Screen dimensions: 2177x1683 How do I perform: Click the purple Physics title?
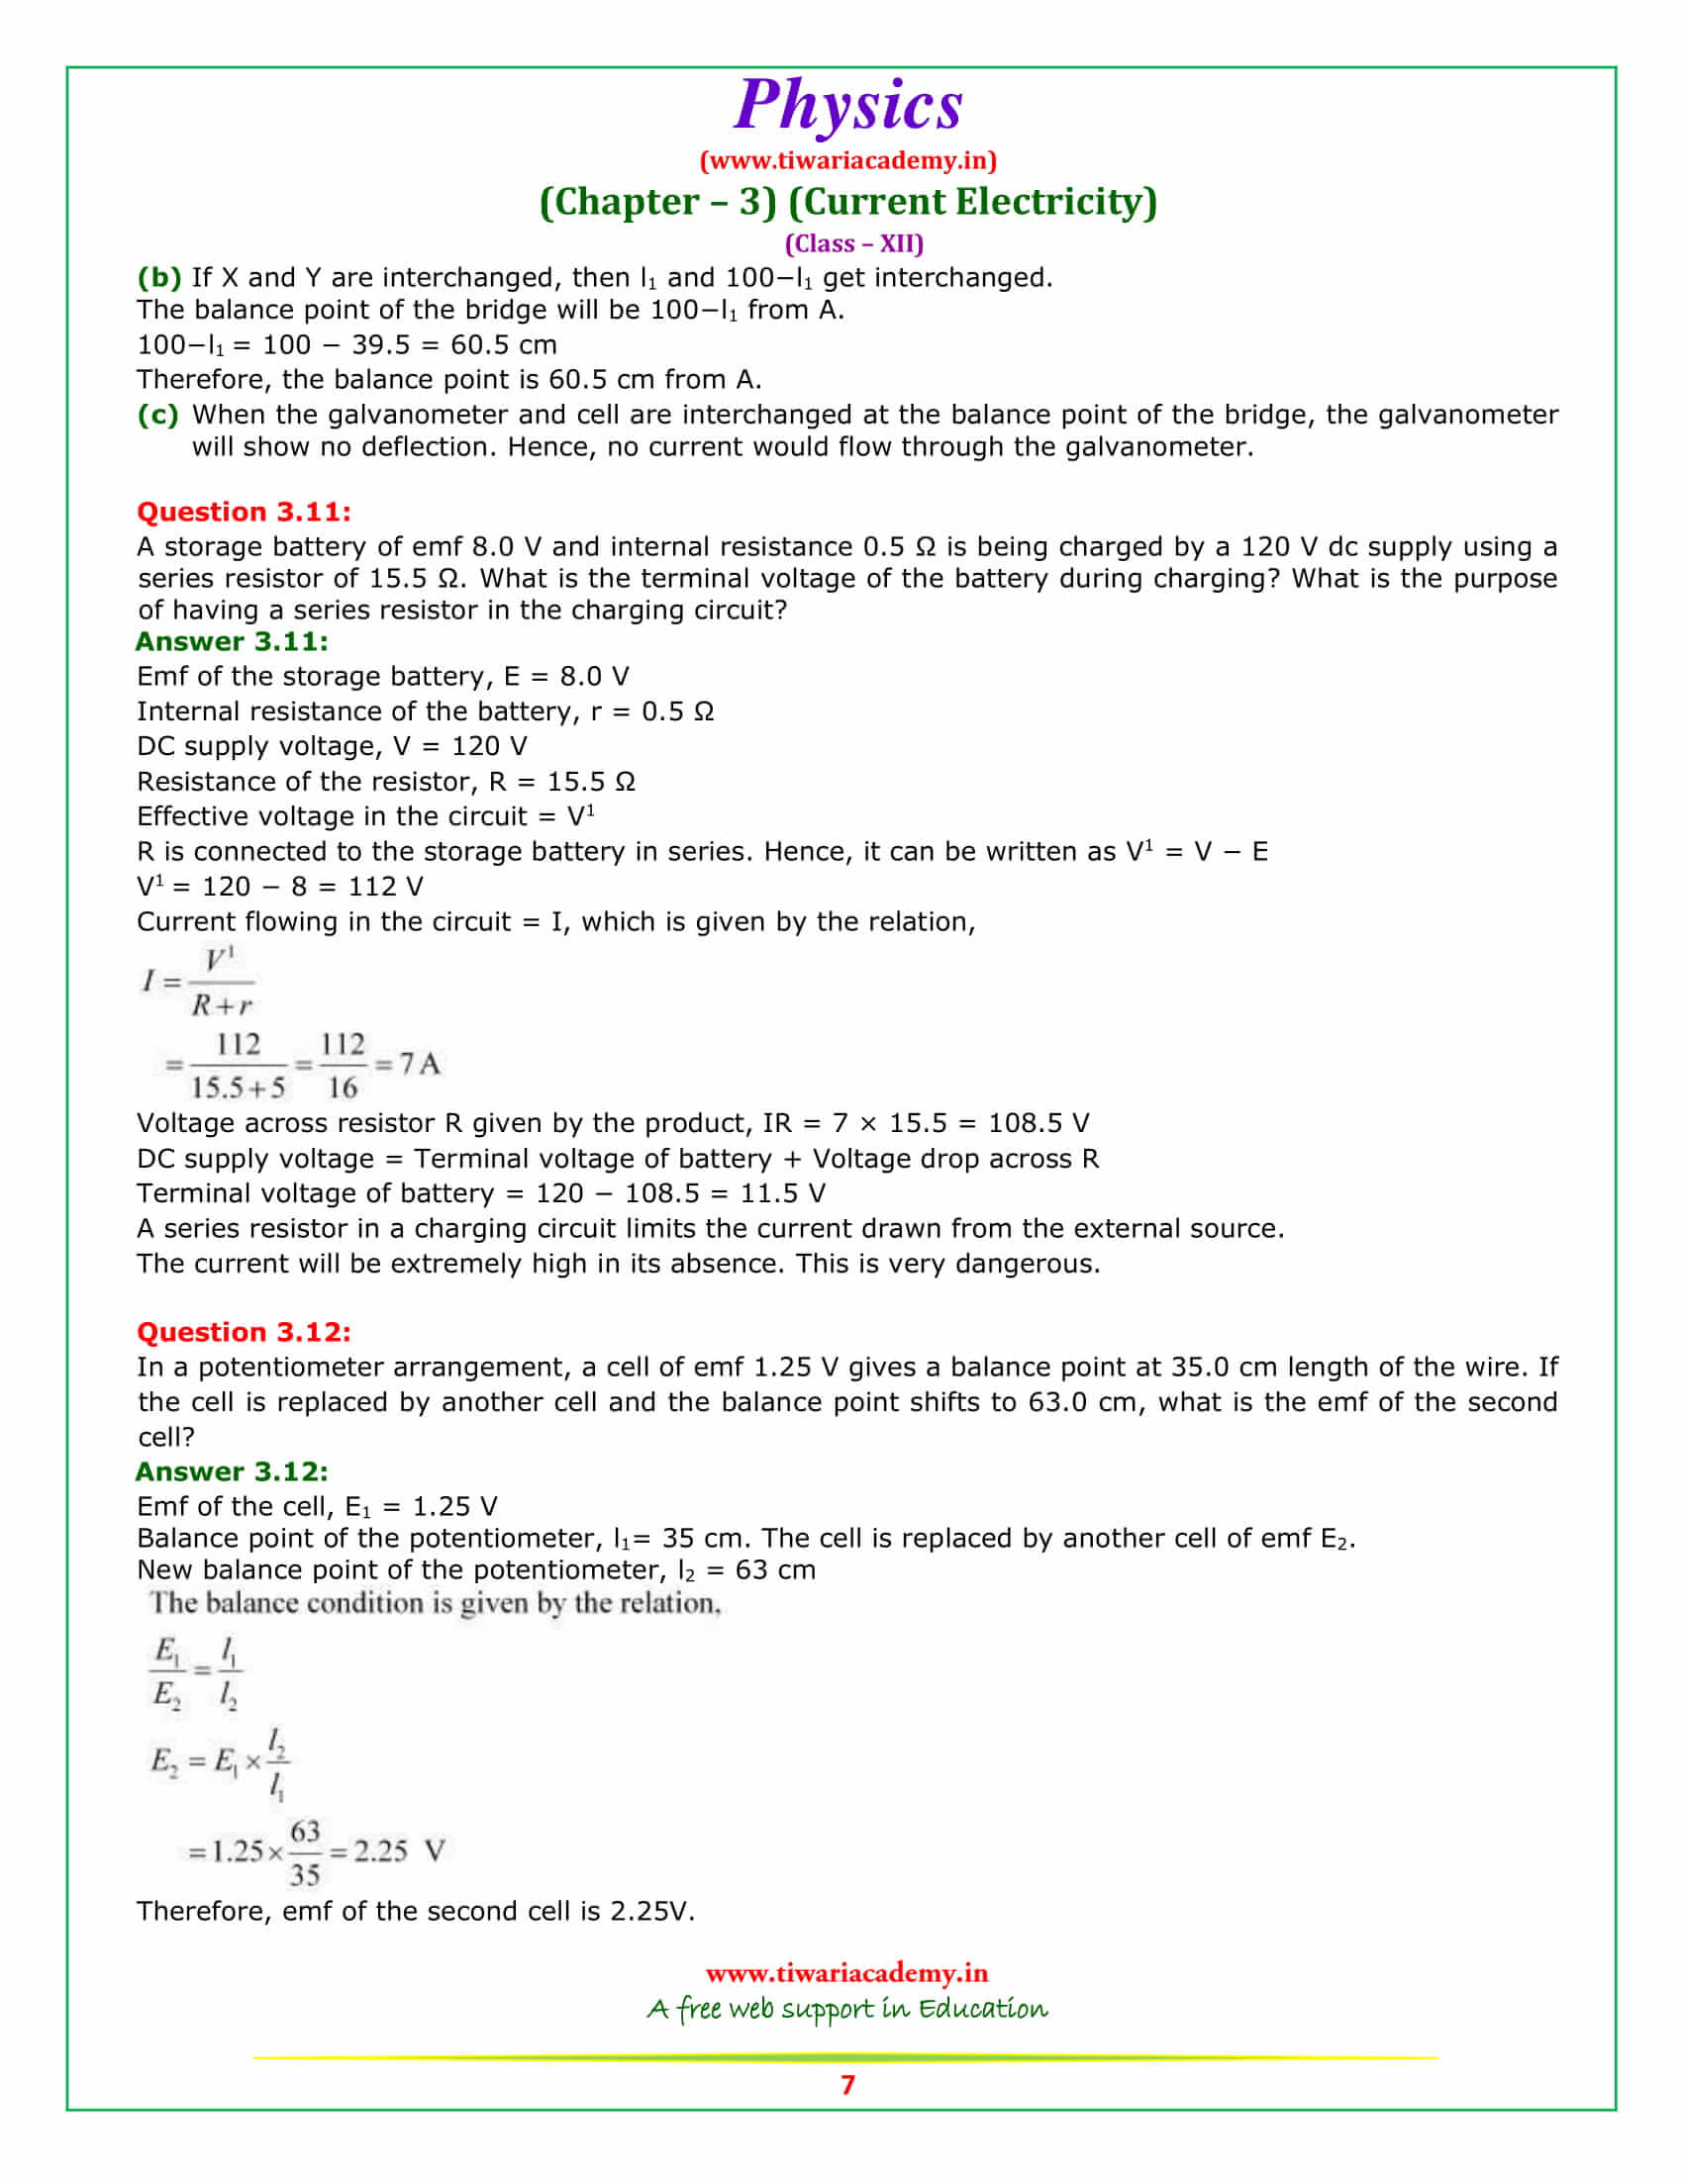(x=847, y=105)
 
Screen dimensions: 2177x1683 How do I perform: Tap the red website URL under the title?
(x=847, y=160)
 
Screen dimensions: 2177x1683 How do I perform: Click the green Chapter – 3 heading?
(x=847, y=201)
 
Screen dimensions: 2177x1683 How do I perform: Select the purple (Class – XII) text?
(x=853, y=243)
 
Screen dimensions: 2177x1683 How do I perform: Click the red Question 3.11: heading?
(x=244, y=512)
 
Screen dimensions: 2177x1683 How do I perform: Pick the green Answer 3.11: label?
(x=232, y=641)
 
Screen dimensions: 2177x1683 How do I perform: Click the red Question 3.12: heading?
(x=244, y=1332)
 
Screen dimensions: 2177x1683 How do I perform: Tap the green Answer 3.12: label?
(x=232, y=1471)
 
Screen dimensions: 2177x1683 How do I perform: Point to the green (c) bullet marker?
(x=157, y=414)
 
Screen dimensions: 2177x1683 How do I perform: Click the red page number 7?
(x=847, y=2085)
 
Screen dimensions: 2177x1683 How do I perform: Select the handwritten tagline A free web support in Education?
(x=847, y=2008)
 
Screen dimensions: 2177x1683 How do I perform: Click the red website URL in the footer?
(x=846, y=1972)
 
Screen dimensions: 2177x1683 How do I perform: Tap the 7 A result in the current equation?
(x=420, y=1064)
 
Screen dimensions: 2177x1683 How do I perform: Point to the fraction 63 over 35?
(x=305, y=1853)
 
